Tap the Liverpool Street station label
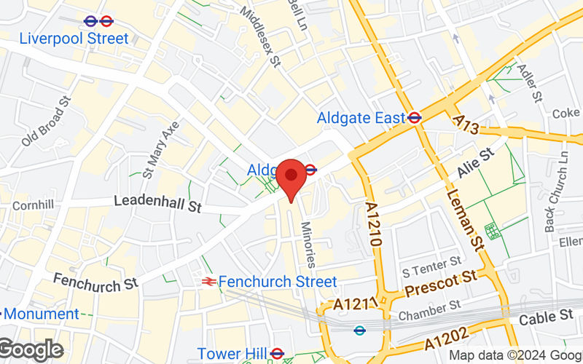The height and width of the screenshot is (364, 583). coord(74,38)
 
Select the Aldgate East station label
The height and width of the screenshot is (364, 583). coord(361,117)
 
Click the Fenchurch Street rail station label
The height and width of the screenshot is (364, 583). coord(278,281)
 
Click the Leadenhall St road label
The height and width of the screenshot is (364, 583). coord(157,203)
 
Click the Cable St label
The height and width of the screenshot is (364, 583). coord(547,317)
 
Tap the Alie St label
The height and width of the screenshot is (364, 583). coord(476,162)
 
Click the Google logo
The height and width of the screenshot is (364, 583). coord(31,350)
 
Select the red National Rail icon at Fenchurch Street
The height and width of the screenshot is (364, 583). coord(208,281)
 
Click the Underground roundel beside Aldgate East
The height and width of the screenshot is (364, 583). coord(415,116)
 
